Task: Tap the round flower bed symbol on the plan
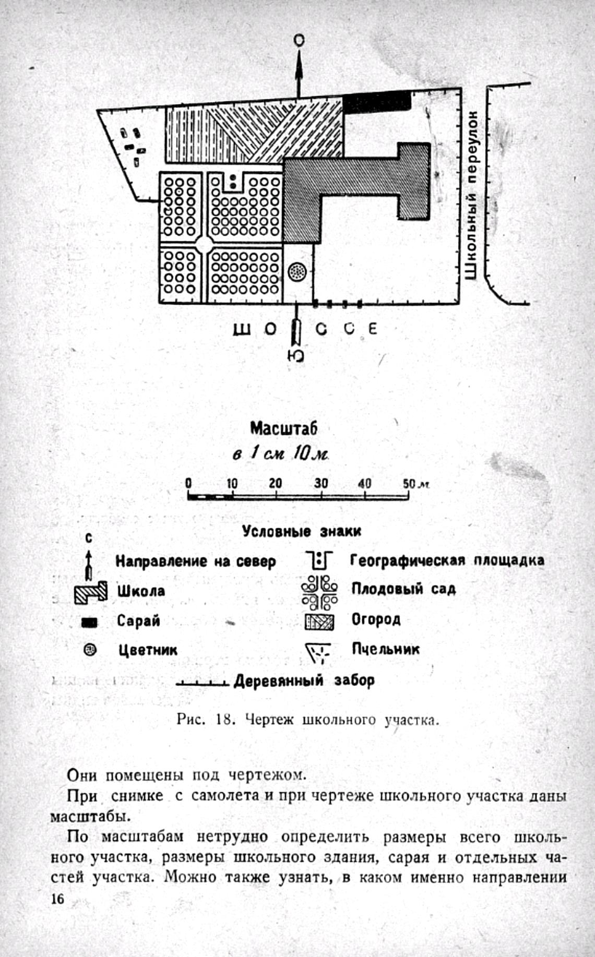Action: point(297,271)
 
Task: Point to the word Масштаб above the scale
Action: point(283,428)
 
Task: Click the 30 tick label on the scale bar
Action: point(320,483)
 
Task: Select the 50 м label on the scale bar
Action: point(415,483)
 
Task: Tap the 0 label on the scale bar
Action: point(188,483)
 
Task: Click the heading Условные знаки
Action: point(301,531)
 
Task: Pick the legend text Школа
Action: point(140,591)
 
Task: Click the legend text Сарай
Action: point(138,621)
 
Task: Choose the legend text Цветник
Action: point(147,650)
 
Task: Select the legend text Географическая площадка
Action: point(447,560)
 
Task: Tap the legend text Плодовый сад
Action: point(403,589)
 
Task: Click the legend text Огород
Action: point(376,619)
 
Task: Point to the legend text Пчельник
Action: point(385,649)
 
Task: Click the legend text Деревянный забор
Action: point(304,680)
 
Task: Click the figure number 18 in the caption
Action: point(223,720)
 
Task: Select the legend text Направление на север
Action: point(195,561)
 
